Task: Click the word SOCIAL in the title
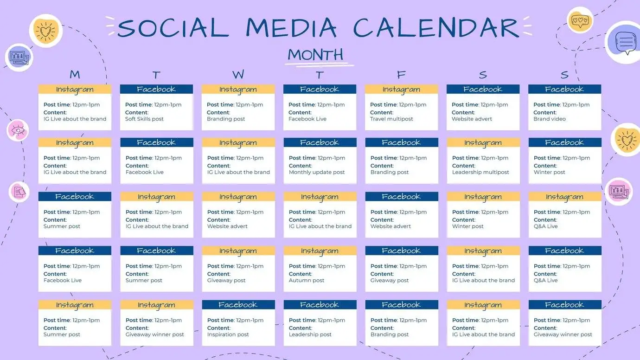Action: [x=173, y=28]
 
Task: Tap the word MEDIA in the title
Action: [x=291, y=28]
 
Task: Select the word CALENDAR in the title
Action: [x=436, y=28]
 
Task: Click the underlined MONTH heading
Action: [x=315, y=55]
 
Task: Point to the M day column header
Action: [x=75, y=75]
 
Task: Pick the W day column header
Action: [x=238, y=75]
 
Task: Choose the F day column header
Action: [x=401, y=75]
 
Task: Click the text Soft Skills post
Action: [x=144, y=119]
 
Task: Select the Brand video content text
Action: [x=550, y=119]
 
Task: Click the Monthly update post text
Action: [x=317, y=173]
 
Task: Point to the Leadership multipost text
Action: [x=480, y=173]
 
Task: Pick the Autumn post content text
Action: [x=307, y=281]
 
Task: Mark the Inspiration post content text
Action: [x=228, y=334]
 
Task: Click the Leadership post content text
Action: [x=310, y=334]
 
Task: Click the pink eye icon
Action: [x=18, y=130]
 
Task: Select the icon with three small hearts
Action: [x=580, y=20]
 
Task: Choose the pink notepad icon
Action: [x=19, y=192]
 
